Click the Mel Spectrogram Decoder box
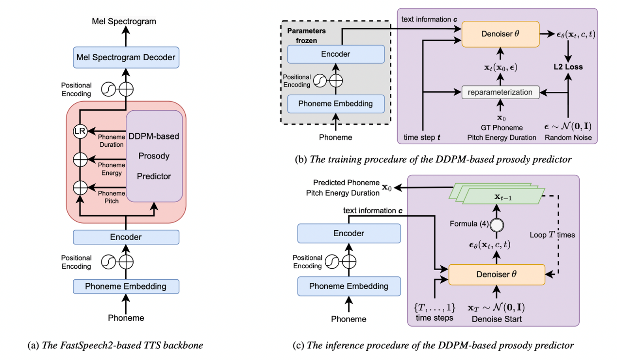[x=126, y=58]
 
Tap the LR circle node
[x=80, y=130]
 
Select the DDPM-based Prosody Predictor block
[x=154, y=156]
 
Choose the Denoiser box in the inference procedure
[x=496, y=275]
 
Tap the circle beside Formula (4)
[x=496, y=225]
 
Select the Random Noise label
[x=567, y=138]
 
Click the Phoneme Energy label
[x=112, y=169]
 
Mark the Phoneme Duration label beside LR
[x=112, y=140]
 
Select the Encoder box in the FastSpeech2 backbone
[x=126, y=237]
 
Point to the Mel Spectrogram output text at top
[x=126, y=22]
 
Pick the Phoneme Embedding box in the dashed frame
[x=335, y=103]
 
